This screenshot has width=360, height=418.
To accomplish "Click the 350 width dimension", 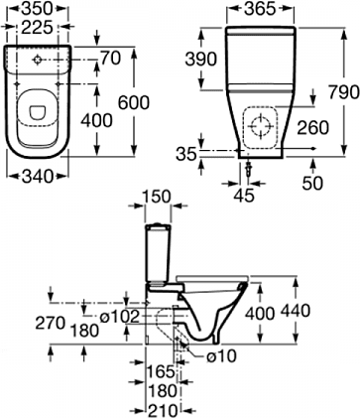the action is (x=38, y=9).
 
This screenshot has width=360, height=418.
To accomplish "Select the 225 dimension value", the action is (x=38, y=27).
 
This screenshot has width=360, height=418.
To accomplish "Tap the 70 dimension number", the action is (x=110, y=59).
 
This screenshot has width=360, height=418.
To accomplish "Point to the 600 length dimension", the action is (x=134, y=102).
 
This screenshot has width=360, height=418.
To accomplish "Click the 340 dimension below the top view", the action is (x=38, y=177).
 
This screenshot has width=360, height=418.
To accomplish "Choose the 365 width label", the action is (x=260, y=9).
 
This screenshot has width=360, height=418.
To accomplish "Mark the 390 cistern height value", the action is (x=201, y=60).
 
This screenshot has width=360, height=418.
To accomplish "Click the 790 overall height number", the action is (x=344, y=92).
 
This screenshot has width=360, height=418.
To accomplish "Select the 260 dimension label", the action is (x=312, y=128).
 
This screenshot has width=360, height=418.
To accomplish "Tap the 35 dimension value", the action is (x=186, y=154).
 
